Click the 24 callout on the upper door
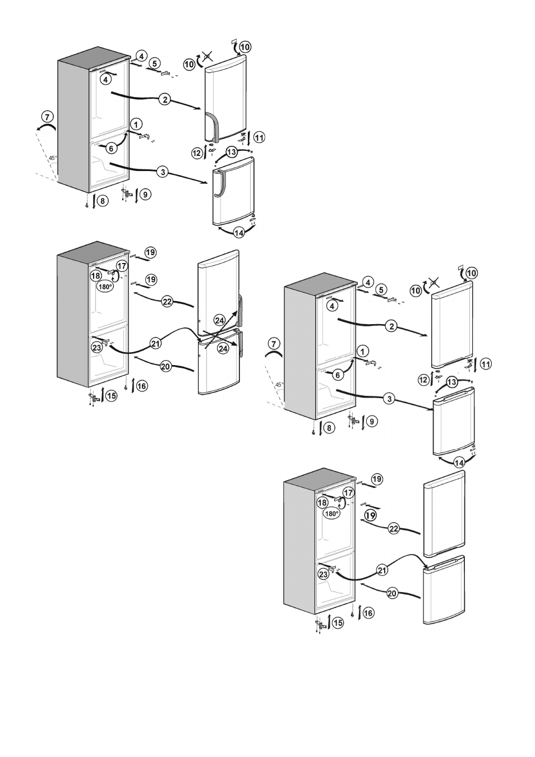click(219, 320)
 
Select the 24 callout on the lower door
click(223, 348)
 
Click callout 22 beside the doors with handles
click(167, 301)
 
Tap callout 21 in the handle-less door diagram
click(382, 570)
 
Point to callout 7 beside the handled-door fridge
click(47, 117)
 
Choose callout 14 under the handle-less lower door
click(459, 462)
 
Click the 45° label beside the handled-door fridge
click(53, 158)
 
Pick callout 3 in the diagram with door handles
click(163, 172)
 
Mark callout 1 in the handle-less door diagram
click(363, 352)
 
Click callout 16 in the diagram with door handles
click(142, 386)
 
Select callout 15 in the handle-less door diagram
click(337, 622)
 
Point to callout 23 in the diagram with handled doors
click(97, 348)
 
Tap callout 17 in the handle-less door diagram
click(348, 493)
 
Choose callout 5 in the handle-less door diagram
click(381, 290)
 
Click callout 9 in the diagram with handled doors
click(145, 195)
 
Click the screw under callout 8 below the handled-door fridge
click(87, 205)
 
